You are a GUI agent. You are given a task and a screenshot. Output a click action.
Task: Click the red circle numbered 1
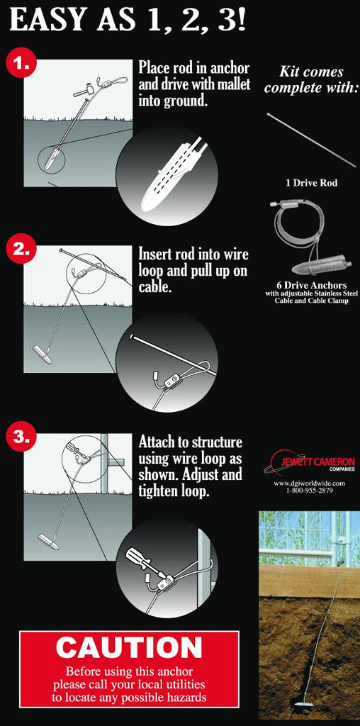[21, 64]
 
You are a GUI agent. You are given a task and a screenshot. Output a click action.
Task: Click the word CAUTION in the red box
[129, 648]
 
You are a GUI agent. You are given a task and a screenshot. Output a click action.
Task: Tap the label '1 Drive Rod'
[311, 183]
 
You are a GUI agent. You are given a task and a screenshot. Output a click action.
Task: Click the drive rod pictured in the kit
[312, 139]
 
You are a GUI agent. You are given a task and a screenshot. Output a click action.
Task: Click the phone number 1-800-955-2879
[310, 491]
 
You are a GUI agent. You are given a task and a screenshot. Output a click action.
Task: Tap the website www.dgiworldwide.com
[310, 484]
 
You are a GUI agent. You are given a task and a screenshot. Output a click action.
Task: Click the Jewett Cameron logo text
[318, 462]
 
